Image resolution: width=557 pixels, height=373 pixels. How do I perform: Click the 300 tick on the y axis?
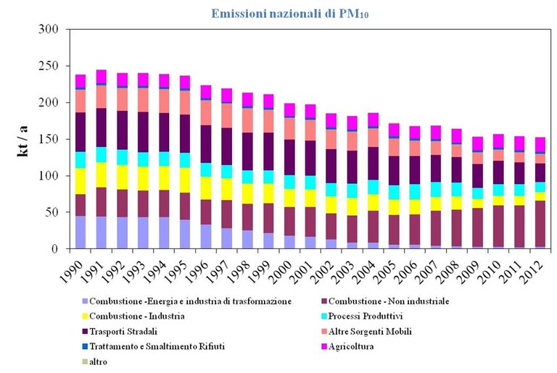pyautogui.click(x=47, y=30)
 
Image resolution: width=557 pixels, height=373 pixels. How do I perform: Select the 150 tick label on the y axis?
pyautogui.click(x=47, y=139)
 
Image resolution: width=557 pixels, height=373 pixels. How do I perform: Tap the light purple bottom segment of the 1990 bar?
pyautogui.click(x=81, y=232)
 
